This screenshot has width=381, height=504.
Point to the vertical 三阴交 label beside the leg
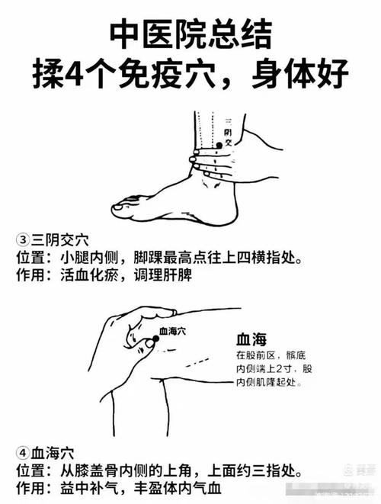[227, 131]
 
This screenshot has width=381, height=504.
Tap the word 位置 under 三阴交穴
[32, 258]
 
